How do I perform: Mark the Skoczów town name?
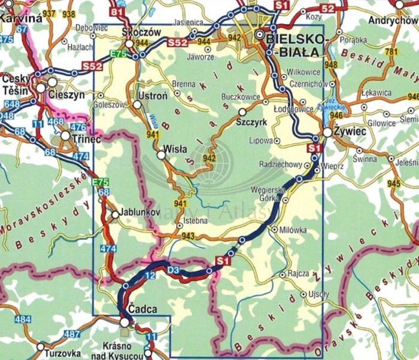point(141,32)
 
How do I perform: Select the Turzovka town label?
point(63,353)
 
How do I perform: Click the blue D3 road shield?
point(173,271)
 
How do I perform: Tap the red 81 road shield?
point(118,12)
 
